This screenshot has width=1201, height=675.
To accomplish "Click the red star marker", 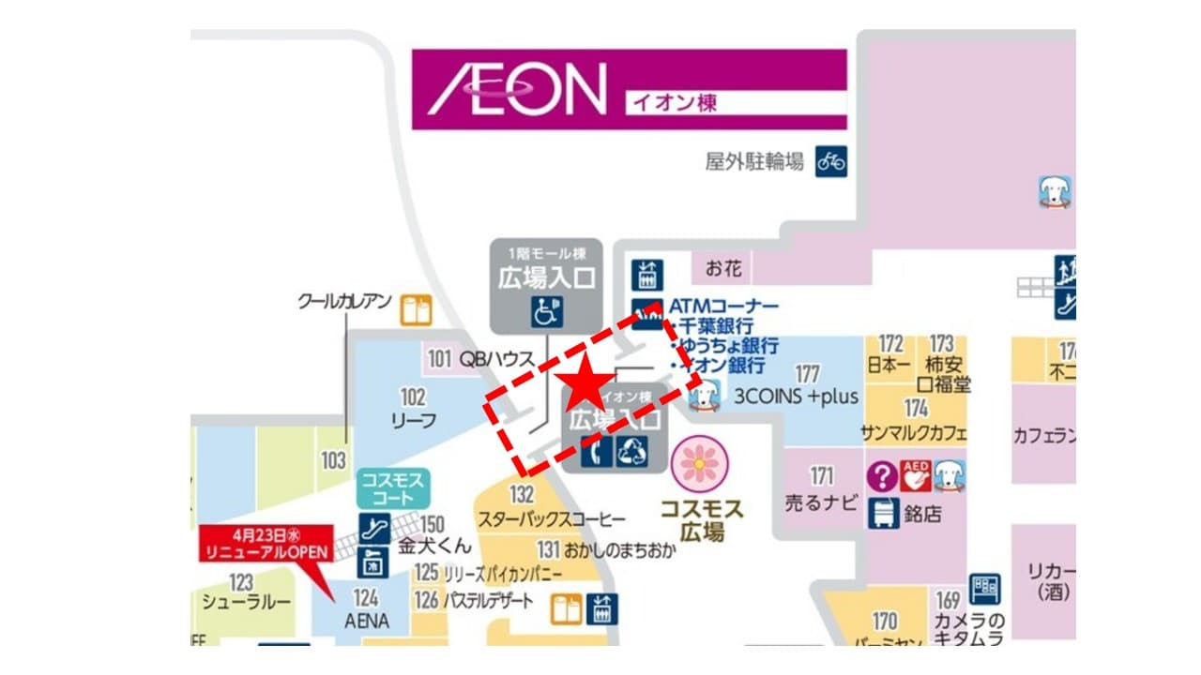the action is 585,382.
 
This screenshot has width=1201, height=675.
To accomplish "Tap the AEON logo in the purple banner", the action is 517,89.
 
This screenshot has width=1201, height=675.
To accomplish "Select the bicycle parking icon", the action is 830,161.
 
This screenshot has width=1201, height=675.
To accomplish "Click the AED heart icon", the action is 915,476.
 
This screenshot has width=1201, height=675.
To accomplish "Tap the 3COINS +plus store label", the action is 797,397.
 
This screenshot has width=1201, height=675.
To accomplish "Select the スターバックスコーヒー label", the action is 552,519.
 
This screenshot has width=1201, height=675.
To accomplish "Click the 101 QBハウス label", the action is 480,358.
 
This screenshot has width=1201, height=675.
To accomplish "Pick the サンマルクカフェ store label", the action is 914,433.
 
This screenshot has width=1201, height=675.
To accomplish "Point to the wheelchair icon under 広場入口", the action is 545,310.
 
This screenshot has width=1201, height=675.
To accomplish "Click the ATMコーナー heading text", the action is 723,307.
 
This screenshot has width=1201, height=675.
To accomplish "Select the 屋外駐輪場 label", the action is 754,161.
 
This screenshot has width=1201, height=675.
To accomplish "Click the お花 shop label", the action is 723,269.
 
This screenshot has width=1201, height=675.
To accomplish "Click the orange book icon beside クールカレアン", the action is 415,310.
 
